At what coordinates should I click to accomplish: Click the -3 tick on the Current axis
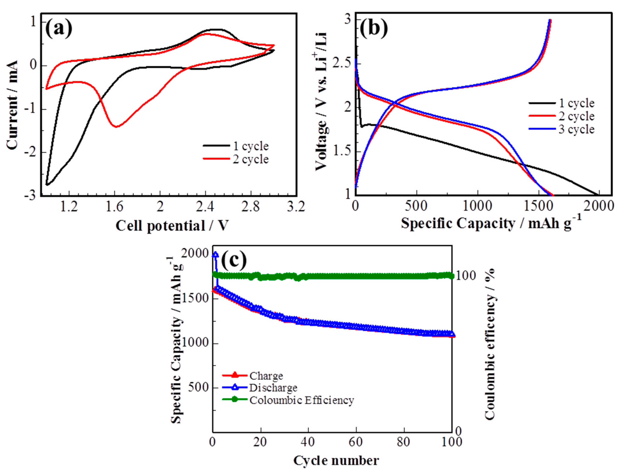pyautogui.click(x=32, y=196)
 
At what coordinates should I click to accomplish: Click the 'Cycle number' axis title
pyautogui.click(x=336, y=460)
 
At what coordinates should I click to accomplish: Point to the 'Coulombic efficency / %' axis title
pyautogui.click(x=490, y=344)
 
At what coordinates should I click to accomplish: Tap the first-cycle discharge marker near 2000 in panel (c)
pyautogui.click(x=216, y=254)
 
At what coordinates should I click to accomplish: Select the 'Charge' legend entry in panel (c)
pyautogui.click(x=266, y=376)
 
